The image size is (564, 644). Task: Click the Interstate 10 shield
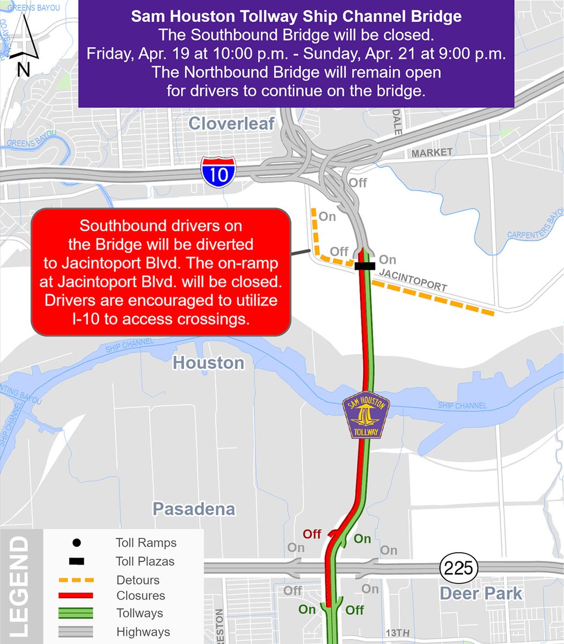pyautogui.click(x=218, y=172)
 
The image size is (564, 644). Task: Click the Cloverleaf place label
pyautogui.click(x=231, y=124)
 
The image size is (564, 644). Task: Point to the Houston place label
pyautogui.click(x=208, y=363)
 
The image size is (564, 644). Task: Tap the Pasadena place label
pyautogui.click(x=194, y=509)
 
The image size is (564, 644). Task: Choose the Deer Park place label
pyautogui.click(x=480, y=594)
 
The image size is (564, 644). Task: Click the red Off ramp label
pyautogui.click(x=312, y=534)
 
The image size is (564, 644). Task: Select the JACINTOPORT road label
pyautogui.click(x=413, y=280)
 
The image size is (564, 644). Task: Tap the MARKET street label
pyautogui.click(x=432, y=153)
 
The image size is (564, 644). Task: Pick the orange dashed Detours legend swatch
pyautogui.click(x=76, y=580)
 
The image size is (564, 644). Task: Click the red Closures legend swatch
pyautogui.click(x=76, y=596)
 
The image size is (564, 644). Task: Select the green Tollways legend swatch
pyautogui.click(x=76, y=613)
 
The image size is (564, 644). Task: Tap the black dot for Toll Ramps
pyautogui.click(x=76, y=543)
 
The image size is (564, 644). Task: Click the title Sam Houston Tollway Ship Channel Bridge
pyautogui.click(x=296, y=17)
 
